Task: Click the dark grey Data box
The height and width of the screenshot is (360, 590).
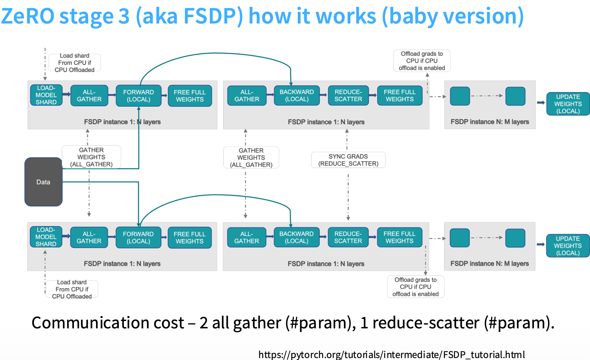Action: (x=43, y=182)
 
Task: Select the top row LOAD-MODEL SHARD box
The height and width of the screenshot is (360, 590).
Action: (x=46, y=95)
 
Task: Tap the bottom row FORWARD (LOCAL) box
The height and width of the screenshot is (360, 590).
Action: (x=138, y=237)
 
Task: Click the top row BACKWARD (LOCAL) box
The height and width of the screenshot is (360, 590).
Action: (x=297, y=95)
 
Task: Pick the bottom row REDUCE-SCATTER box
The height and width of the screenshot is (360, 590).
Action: (x=348, y=237)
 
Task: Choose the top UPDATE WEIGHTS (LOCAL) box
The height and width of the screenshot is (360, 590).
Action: (x=568, y=104)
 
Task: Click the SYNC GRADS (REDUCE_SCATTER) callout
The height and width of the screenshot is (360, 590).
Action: (x=348, y=160)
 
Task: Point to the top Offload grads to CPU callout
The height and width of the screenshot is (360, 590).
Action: (x=422, y=61)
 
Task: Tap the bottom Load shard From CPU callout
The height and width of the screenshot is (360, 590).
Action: (x=72, y=289)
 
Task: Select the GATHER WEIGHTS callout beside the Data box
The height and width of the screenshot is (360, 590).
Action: (x=91, y=157)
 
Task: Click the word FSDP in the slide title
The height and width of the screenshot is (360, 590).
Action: (x=210, y=16)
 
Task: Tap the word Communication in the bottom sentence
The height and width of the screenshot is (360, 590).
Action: (x=108, y=322)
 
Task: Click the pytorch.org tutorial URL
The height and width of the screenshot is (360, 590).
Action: (x=392, y=354)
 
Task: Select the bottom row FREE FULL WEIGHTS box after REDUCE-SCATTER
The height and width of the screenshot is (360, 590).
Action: (x=399, y=237)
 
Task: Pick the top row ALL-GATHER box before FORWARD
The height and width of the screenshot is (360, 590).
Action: (x=89, y=95)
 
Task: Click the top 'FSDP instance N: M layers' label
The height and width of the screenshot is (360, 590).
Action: (x=490, y=122)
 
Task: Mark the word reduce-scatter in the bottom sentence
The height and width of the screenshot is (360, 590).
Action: (x=426, y=322)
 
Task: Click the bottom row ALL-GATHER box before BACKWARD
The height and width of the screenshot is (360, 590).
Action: (x=247, y=237)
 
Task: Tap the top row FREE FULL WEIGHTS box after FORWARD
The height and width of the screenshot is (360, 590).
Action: (x=190, y=96)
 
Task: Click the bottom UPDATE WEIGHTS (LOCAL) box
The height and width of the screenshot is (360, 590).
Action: (x=568, y=246)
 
